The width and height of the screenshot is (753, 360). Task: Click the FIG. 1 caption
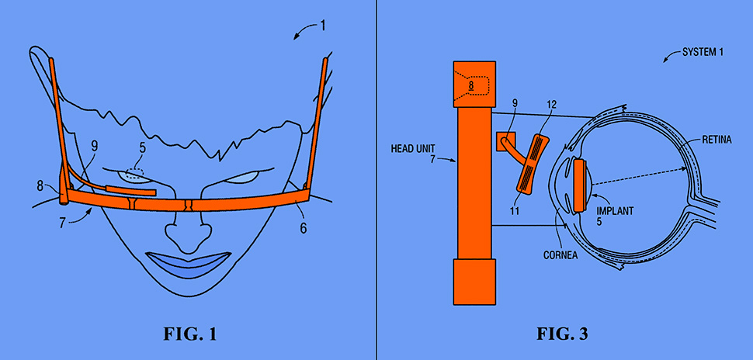(x=189, y=335)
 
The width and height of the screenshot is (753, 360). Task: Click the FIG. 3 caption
(x=562, y=335)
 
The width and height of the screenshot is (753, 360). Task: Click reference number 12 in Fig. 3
(x=552, y=104)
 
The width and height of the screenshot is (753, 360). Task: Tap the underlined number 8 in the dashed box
(x=470, y=85)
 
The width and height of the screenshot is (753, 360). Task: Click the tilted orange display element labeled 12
(x=535, y=163)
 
